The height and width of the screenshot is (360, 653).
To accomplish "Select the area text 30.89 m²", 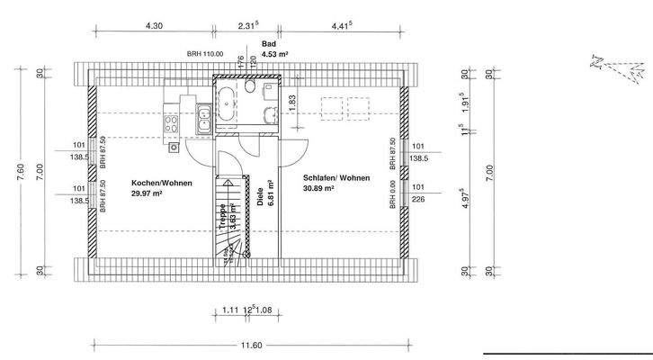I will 319,189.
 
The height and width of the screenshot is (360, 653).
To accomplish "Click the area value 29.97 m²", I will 147,193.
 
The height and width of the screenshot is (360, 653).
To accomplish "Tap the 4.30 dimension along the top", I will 154,26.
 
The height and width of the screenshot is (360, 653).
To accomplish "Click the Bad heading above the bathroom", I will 267,43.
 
